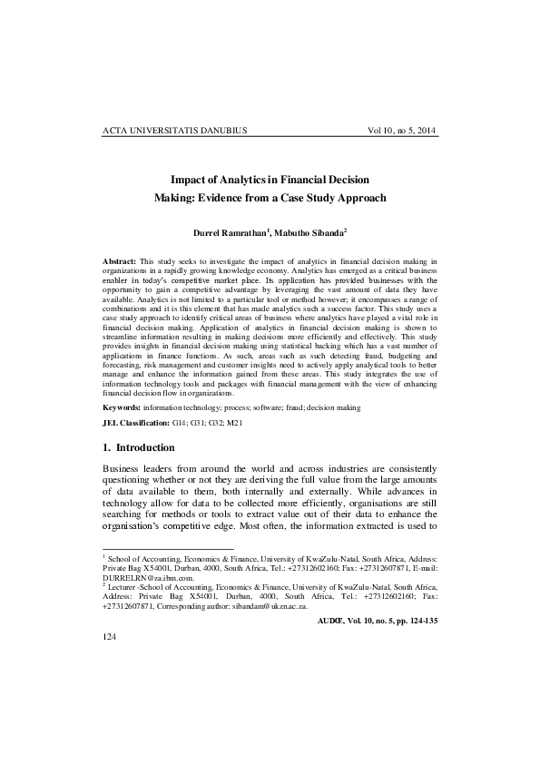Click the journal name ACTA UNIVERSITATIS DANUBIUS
coord(175,132)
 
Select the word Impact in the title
coord(190,180)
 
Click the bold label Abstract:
coord(120,261)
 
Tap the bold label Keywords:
coord(123,407)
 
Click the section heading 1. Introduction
coord(143,448)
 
